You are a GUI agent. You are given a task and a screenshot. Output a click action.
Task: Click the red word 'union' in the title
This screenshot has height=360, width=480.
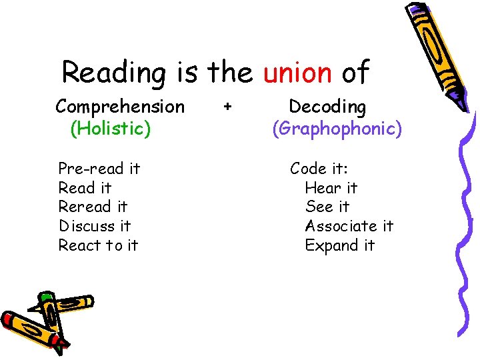click(x=297, y=72)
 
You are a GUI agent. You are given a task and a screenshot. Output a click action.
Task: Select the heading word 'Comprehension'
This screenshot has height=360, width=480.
click(x=120, y=107)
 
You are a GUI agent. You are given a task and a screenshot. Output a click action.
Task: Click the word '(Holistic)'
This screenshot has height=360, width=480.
click(x=110, y=128)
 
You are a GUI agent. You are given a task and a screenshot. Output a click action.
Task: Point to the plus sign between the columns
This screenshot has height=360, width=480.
click(x=228, y=106)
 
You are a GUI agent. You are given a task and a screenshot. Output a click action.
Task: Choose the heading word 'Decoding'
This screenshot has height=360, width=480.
click(x=327, y=107)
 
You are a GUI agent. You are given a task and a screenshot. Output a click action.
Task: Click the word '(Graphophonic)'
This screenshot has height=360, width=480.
click(x=337, y=128)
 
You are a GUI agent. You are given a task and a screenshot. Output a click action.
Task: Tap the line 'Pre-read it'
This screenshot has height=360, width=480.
click(x=99, y=169)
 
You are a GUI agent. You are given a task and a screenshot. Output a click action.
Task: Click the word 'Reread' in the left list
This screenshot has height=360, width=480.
click(x=83, y=207)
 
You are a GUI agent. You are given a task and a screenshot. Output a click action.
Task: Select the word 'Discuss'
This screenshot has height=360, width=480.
click(x=85, y=226)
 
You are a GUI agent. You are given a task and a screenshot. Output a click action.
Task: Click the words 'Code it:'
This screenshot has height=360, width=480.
click(x=317, y=169)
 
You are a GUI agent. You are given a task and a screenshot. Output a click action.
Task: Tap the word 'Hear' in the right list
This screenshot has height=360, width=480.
click(x=322, y=188)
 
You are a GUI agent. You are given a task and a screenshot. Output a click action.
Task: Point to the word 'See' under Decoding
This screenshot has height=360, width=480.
click(x=318, y=207)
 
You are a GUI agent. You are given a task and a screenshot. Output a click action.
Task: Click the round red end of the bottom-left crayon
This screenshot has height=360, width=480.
click(x=9, y=321)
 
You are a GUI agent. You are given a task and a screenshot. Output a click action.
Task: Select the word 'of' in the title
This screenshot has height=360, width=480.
click(x=355, y=72)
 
